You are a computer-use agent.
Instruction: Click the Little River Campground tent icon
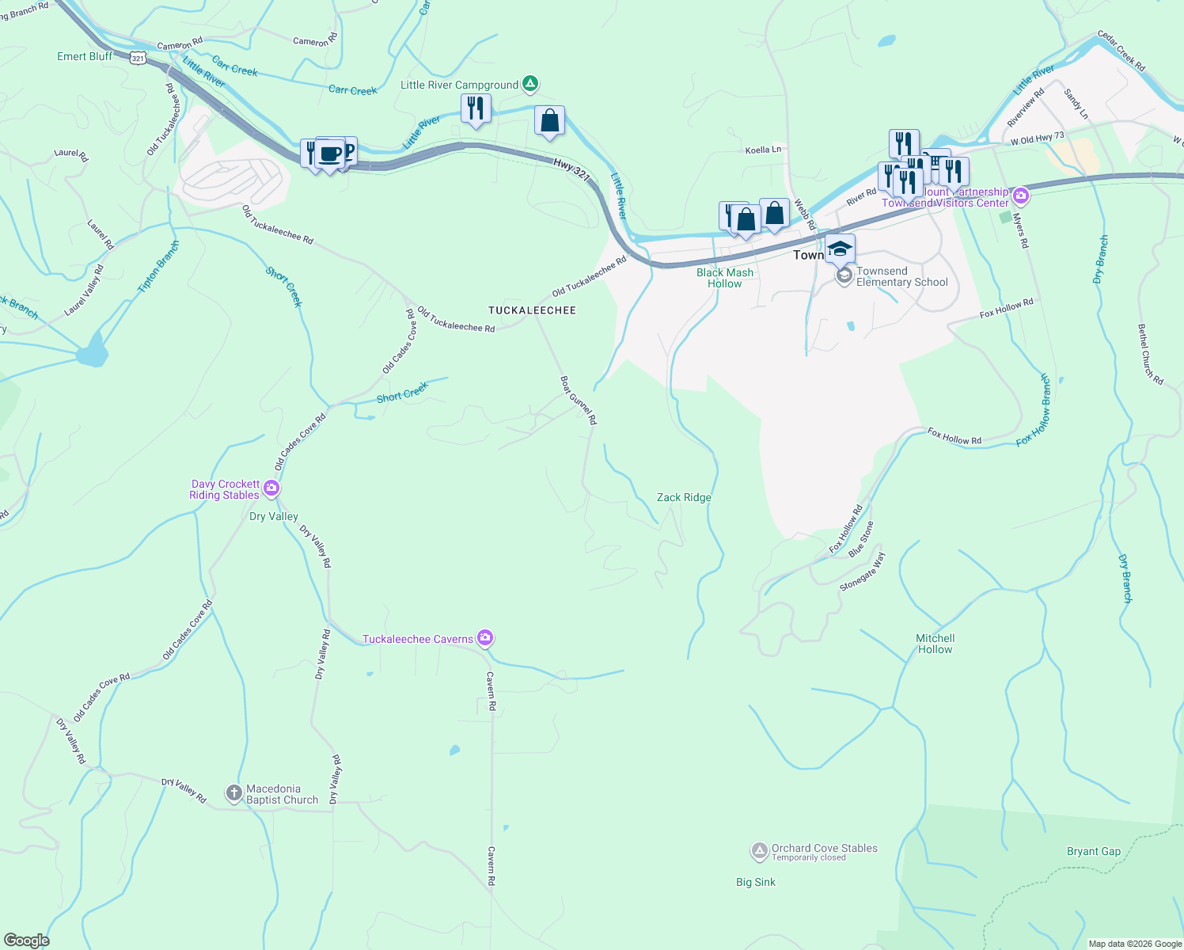pyautogui.click(x=530, y=84)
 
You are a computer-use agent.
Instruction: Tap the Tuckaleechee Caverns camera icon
pyautogui.click(x=485, y=638)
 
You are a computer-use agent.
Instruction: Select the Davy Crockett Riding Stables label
pyautogui.click(x=225, y=489)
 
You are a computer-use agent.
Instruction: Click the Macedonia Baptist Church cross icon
pyautogui.click(x=233, y=792)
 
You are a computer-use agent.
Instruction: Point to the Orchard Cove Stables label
pyautogui.click(x=824, y=849)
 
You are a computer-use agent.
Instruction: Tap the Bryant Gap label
pyautogui.click(x=1093, y=852)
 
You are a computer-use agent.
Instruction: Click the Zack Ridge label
pyautogui.click(x=684, y=498)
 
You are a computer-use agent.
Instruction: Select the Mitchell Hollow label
pyautogui.click(x=935, y=644)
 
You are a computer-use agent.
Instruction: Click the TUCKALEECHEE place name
pyautogui.click(x=532, y=310)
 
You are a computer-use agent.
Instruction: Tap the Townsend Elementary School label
pyautogui.click(x=901, y=277)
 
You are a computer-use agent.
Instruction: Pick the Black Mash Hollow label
pyautogui.click(x=724, y=278)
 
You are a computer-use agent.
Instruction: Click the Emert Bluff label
pyautogui.click(x=85, y=56)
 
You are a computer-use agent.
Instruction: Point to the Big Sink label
pyautogui.click(x=755, y=882)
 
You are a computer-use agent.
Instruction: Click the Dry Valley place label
pyautogui.click(x=273, y=516)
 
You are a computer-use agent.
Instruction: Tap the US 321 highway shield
pyautogui.click(x=138, y=59)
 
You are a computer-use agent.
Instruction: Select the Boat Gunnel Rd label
pyautogui.click(x=579, y=400)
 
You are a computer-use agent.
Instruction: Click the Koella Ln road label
pyautogui.click(x=763, y=150)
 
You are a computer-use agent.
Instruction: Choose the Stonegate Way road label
pyautogui.click(x=863, y=572)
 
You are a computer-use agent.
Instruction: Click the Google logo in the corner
pyautogui.click(x=26, y=940)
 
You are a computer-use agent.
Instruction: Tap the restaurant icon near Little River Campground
pyautogui.click(x=476, y=108)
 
